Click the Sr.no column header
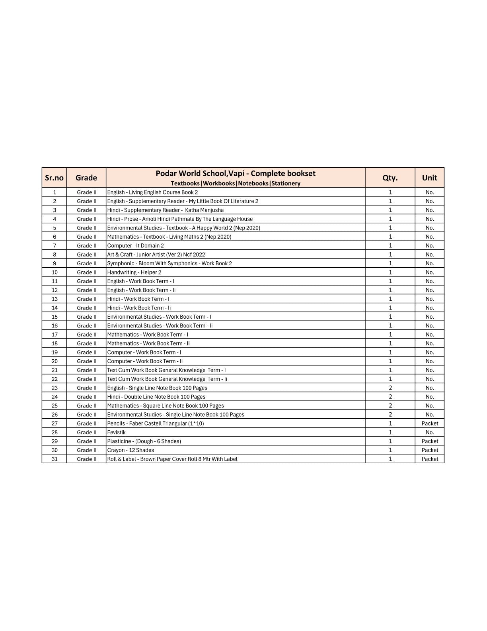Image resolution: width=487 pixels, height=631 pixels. (x=54, y=178)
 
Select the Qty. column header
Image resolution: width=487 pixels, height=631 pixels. (x=390, y=178)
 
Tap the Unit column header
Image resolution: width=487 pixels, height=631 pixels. (x=429, y=178)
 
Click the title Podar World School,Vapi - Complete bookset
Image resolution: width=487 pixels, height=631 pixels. (x=235, y=173)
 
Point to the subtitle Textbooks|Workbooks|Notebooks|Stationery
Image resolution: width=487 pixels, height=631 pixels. (x=235, y=183)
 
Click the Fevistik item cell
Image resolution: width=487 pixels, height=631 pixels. (x=116, y=432)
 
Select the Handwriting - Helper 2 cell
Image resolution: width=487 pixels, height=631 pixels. (x=134, y=272)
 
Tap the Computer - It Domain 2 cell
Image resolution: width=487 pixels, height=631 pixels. (x=135, y=245)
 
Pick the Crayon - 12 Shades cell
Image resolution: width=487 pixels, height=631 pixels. (x=131, y=450)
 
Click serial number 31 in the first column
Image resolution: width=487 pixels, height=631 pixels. (x=55, y=459)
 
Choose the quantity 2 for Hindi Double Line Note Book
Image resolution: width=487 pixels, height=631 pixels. (x=390, y=397)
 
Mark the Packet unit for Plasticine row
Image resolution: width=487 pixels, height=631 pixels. (x=430, y=441)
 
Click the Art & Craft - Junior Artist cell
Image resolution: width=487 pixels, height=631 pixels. (x=156, y=255)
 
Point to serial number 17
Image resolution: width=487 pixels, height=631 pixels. (x=55, y=335)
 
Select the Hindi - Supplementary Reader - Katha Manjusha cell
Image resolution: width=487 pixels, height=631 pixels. (x=165, y=210)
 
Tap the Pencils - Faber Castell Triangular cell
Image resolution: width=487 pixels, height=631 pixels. (x=155, y=423)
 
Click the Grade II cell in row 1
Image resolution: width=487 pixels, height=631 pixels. (x=86, y=192)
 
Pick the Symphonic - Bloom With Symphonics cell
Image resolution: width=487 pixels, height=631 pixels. (x=169, y=263)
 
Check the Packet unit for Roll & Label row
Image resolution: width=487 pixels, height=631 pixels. (x=430, y=459)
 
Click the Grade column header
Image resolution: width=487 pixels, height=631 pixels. (x=86, y=178)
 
